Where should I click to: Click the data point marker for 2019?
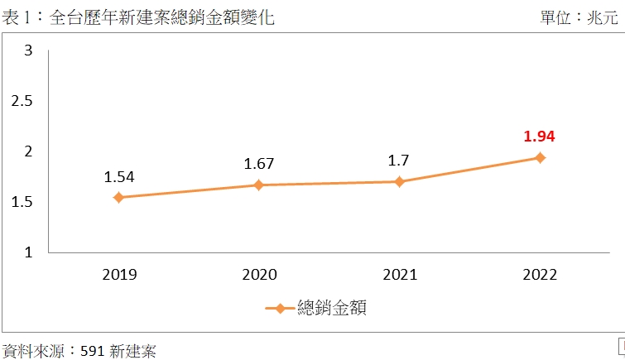[118, 197]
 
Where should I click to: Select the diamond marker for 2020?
[259, 185]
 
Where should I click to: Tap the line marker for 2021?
[399, 181]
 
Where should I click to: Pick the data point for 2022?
[540, 157]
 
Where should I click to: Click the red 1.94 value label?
[539, 136]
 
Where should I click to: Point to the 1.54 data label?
[118, 176]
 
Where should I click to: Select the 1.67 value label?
[259, 164]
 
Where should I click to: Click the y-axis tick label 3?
[28, 51]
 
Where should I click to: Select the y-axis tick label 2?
[28, 151]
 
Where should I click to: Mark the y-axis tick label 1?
[28, 252]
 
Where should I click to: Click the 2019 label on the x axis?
[118, 275]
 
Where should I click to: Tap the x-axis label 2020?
[259, 275]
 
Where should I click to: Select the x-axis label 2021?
[399, 275]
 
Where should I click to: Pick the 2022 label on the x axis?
[540, 275]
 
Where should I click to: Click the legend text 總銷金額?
[332, 309]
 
